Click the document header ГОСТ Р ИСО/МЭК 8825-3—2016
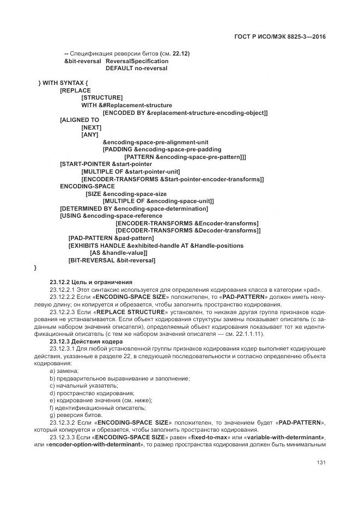coord(279,38)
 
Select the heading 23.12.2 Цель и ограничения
coord(91,282)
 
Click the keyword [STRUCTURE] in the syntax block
coord(102,97)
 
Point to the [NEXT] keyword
coord(91,127)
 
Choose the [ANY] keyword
coord(90,134)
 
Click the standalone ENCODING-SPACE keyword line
coord(87,186)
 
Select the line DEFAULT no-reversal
coord(136,68)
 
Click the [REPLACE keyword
coord(75,90)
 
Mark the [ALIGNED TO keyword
coord(80,120)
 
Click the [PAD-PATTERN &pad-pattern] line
coord(111,238)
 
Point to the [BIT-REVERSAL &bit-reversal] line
coord(112,260)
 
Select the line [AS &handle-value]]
coord(119,253)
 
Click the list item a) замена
coord(64,371)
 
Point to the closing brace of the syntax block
coord(35,268)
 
